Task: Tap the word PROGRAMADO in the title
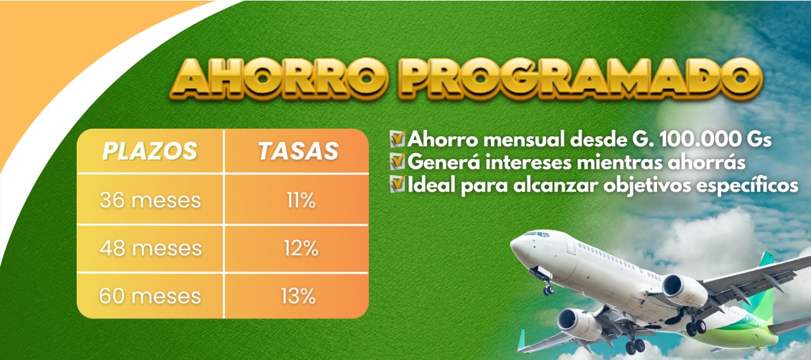pyautogui.click(x=580, y=79)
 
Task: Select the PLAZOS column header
pyautogui.click(x=150, y=151)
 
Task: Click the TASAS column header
pyautogui.click(x=298, y=151)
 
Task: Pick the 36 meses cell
pyautogui.click(x=150, y=200)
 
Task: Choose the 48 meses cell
pyautogui.click(x=151, y=248)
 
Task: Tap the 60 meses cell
pyautogui.click(x=150, y=296)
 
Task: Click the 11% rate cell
pyautogui.click(x=301, y=200)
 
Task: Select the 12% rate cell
pyautogui.click(x=301, y=248)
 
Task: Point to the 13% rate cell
pyautogui.click(x=298, y=296)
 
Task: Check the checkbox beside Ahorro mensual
pyautogui.click(x=397, y=139)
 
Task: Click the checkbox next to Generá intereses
pyautogui.click(x=397, y=162)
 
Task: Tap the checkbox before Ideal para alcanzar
pyautogui.click(x=397, y=184)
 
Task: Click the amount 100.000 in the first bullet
pyautogui.click(x=698, y=139)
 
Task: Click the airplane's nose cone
pyautogui.click(x=518, y=247)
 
